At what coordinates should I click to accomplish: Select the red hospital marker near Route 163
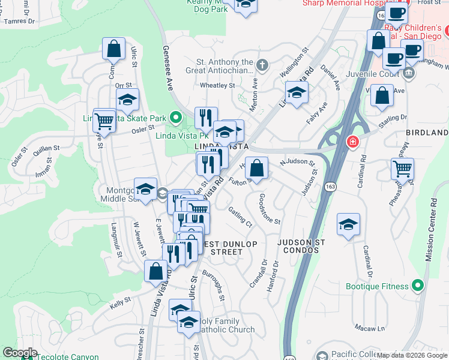click(353, 142)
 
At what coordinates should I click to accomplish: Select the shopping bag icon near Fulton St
click(256, 168)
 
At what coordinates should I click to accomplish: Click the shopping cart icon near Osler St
click(104, 121)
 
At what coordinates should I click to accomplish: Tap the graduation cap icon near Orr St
click(127, 100)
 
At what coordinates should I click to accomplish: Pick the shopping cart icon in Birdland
click(402, 169)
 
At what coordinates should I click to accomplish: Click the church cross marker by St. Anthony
click(262, 64)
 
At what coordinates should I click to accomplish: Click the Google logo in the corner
click(19, 353)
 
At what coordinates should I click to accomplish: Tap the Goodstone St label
click(269, 209)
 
